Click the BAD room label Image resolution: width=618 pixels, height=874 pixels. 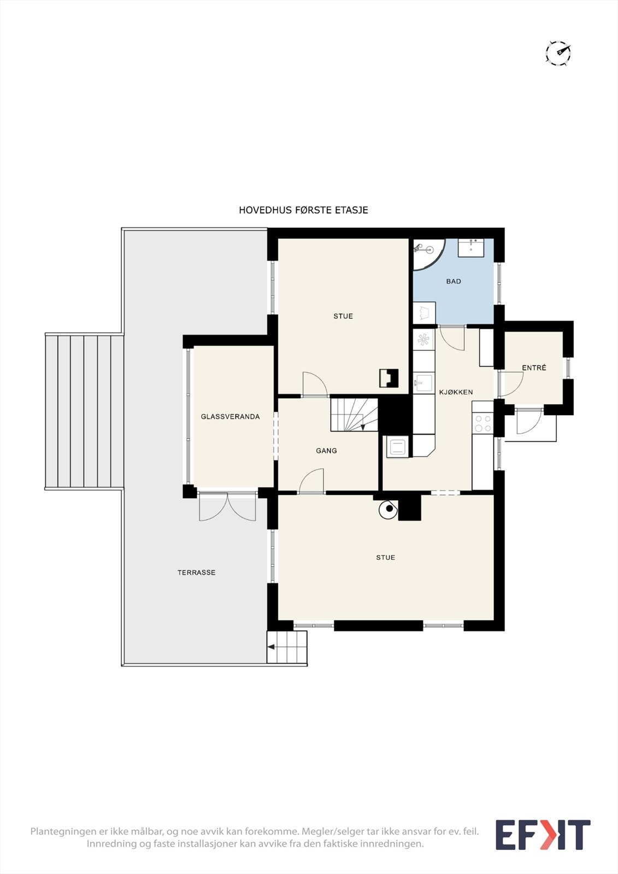point(453,281)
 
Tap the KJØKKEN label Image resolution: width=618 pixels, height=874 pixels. point(456,392)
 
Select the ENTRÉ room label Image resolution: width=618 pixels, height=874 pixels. point(534,368)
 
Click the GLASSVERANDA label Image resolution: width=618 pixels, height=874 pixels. point(231,417)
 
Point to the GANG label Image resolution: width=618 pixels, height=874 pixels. point(326,451)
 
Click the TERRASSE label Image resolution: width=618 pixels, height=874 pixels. point(196,572)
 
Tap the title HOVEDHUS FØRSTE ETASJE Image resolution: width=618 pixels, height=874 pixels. point(303,210)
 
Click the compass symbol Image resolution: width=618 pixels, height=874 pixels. point(558,52)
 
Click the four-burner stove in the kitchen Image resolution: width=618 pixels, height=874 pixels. point(483,423)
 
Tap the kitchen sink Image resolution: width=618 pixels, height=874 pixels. point(424,382)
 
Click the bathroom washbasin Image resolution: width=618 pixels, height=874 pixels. point(471,248)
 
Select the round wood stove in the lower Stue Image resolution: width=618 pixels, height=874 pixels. point(389,509)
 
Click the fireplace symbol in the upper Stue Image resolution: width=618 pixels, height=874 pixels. point(389,378)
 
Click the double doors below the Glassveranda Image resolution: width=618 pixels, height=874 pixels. point(227,506)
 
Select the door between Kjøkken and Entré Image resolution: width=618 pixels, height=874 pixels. point(511,385)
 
